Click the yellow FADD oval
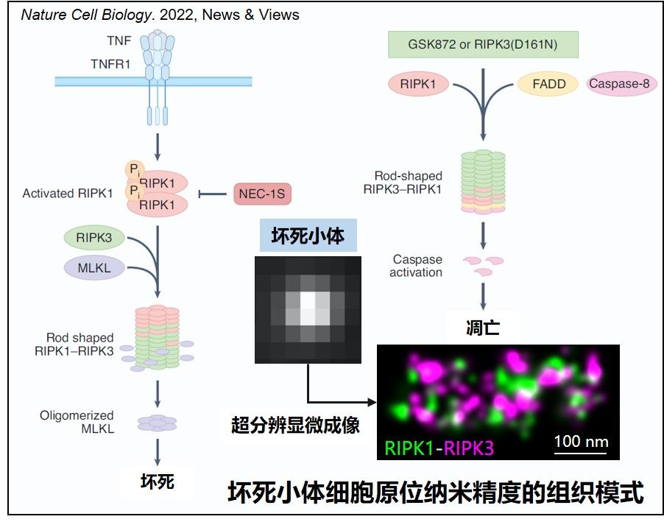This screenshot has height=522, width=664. pos(548,84)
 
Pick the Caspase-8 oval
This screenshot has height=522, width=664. pos(619,84)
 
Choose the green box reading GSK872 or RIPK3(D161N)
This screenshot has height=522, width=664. pos(483,44)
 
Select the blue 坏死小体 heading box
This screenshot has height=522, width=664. pos(308,237)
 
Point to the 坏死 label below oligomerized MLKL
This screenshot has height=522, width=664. pos(157,482)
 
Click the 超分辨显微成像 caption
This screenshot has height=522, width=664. pos(295,424)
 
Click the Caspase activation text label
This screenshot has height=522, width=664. pos(417,266)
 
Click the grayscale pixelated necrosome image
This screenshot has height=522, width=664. pos(308,309)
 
